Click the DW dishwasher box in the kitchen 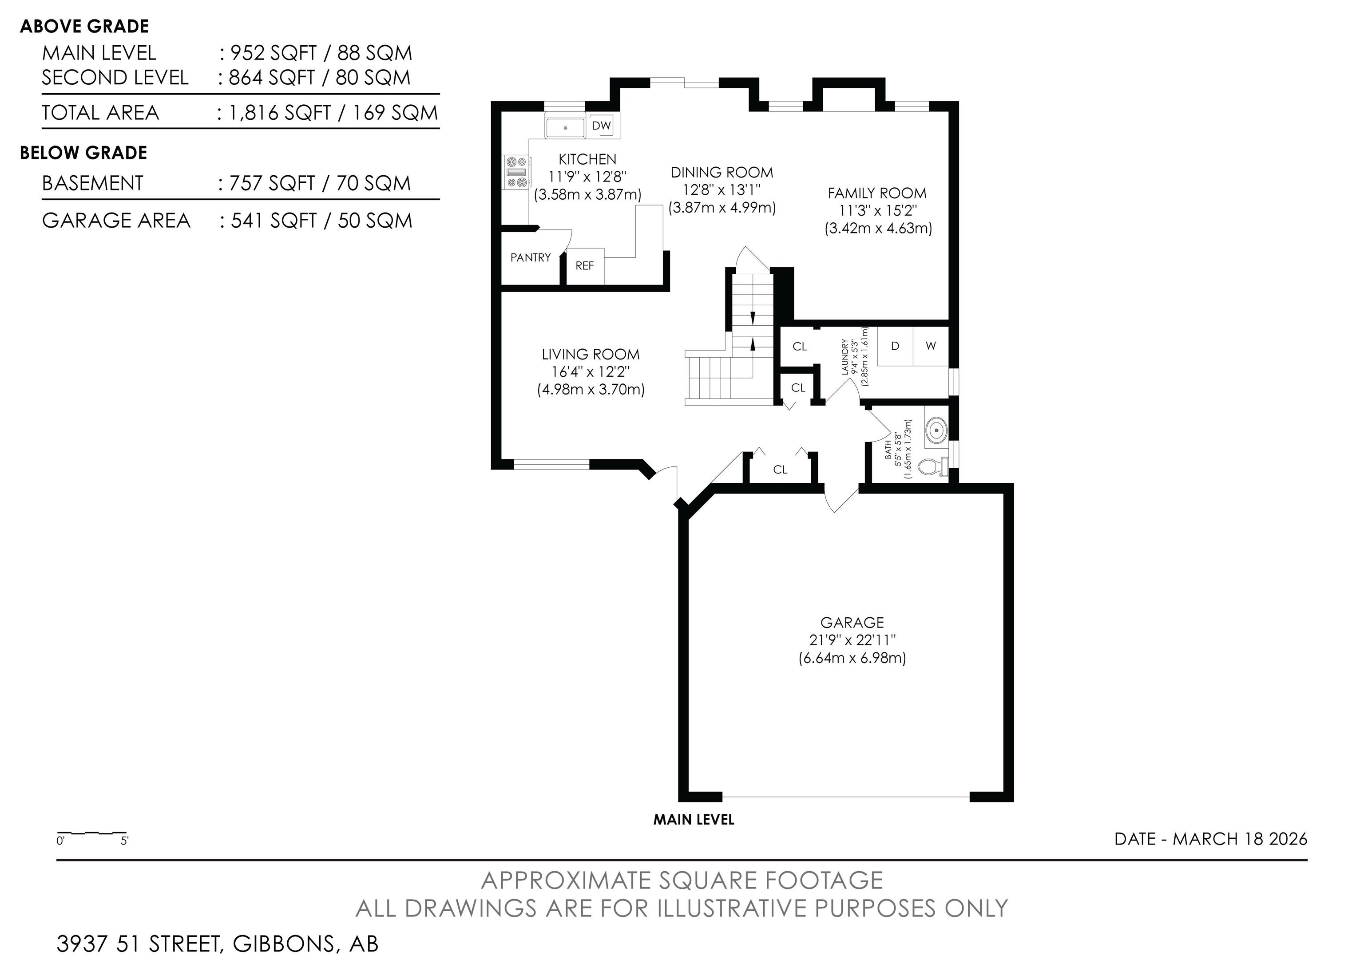pos(601,125)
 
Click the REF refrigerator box pos(585,266)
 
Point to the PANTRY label pos(531,257)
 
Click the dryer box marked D pos(895,346)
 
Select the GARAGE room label pos(852,622)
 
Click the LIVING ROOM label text pos(591,355)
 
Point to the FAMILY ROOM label pos(877,193)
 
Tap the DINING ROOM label pos(722,172)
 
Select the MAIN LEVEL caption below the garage pos(694,820)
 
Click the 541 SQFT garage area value pos(274,221)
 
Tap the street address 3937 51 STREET pos(139,944)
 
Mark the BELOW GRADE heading pos(84,153)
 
